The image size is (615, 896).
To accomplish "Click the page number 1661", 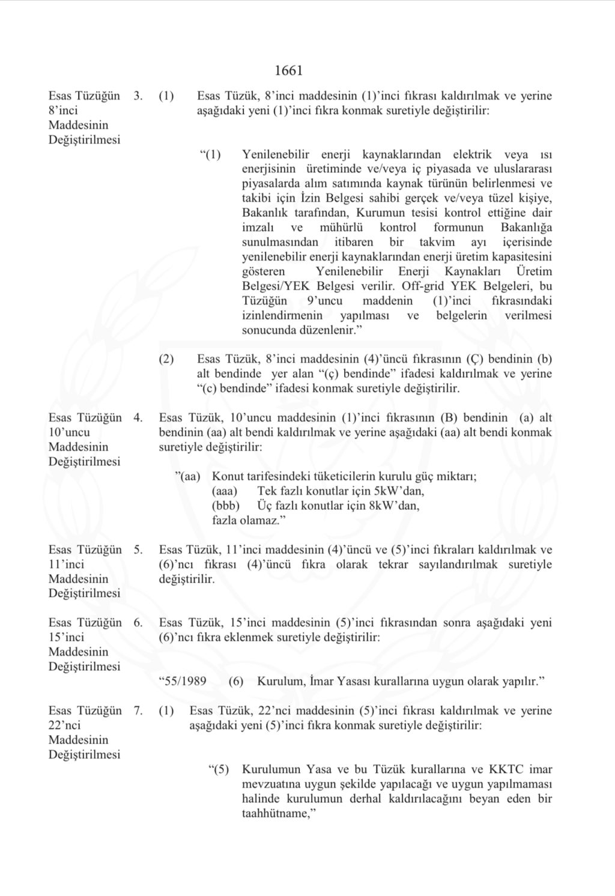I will click(288, 71).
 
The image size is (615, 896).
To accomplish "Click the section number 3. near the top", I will click(138, 96).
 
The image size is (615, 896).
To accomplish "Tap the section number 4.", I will click(138, 418).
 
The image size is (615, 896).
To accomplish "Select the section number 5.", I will click(138, 549).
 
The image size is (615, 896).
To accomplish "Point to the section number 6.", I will click(138, 623).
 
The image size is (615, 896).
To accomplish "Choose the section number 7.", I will click(138, 711).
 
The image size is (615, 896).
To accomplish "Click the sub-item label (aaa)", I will click(225, 491).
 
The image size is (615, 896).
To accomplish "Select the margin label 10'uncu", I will click(69, 432).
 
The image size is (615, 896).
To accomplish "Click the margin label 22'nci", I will click(66, 725).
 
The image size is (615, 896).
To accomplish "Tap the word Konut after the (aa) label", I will click(228, 477).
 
